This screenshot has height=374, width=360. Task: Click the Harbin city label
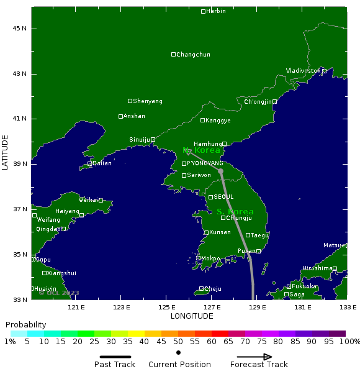click(x=216, y=12)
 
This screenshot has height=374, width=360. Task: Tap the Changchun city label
click(x=193, y=55)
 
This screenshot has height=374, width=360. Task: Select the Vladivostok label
click(x=304, y=71)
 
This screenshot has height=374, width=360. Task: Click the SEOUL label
click(x=223, y=197)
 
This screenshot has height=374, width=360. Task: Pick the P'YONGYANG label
click(x=205, y=163)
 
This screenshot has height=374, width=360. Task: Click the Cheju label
click(x=213, y=289)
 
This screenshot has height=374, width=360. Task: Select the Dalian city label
click(x=102, y=163)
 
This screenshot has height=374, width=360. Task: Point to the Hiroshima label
click(x=317, y=268)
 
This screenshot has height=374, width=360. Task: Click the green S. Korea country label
click(x=235, y=212)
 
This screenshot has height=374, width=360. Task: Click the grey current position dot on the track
click(x=220, y=171)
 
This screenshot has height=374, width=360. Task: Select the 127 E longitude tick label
click(x=212, y=307)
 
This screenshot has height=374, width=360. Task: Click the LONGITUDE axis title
click(x=192, y=316)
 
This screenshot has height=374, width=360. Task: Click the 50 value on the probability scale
click(x=178, y=342)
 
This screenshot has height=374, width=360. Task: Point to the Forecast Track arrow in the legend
click(x=251, y=357)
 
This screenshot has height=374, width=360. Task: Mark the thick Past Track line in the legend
click(x=115, y=357)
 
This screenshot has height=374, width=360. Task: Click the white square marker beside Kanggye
click(x=203, y=121)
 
